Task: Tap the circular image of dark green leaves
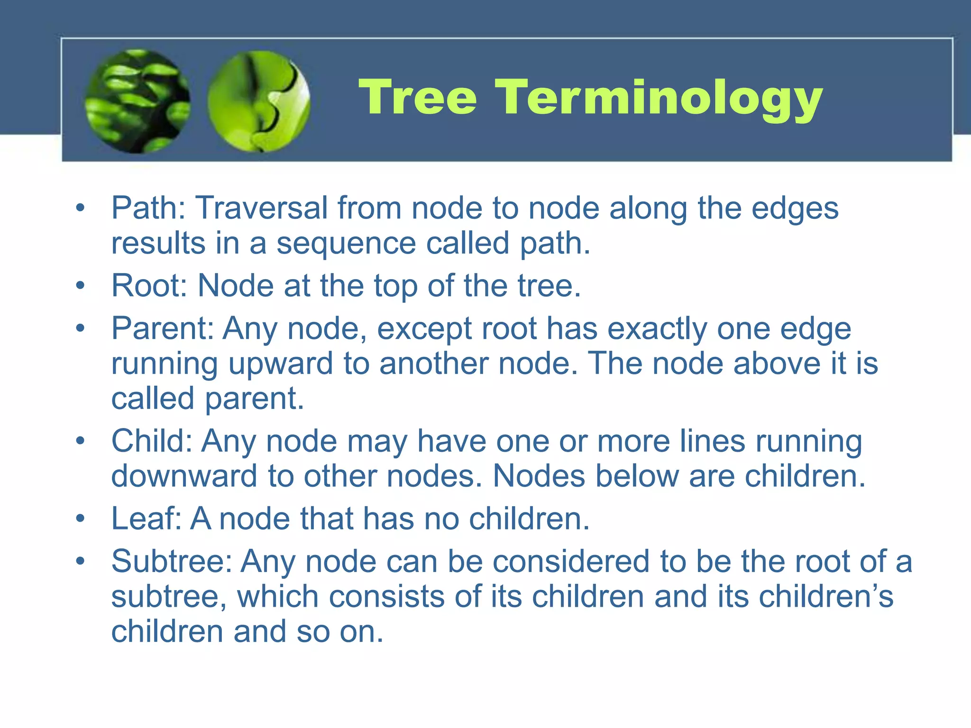(x=137, y=101)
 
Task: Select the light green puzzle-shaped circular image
(x=258, y=101)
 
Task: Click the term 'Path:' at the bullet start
(x=148, y=208)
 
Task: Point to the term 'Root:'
(x=149, y=286)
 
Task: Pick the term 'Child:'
(x=151, y=441)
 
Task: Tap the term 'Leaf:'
(x=146, y=519)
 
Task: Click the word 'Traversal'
(x=262, y=208)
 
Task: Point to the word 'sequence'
(x=346, y=243)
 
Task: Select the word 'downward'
(x=184, y=476)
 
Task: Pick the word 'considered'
(x=571, y=562)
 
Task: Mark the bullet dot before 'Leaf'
(x=81, y=519)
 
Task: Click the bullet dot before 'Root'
(x=81, y=286)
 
